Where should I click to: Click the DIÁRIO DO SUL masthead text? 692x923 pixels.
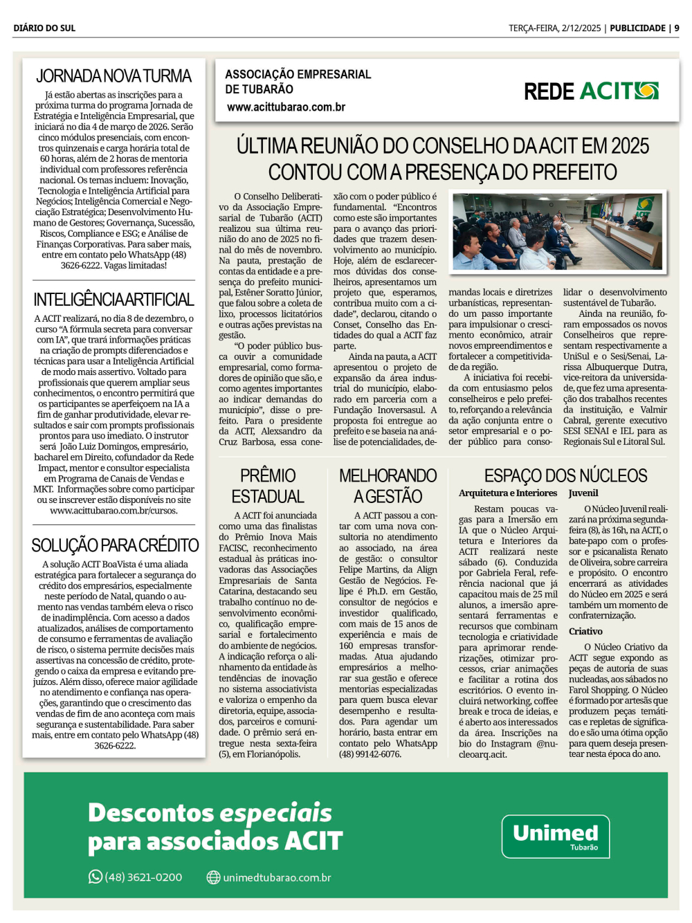[44, 28]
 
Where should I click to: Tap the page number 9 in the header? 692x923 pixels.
[676, 28]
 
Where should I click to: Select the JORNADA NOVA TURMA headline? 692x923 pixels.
[113, 76]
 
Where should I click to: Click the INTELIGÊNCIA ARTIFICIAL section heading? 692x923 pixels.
[113, 300]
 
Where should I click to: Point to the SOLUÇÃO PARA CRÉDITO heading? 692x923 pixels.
[115, 545]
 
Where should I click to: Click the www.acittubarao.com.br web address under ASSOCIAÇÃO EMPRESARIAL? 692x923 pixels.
[286, 107]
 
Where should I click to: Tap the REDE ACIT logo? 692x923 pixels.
[591, 91]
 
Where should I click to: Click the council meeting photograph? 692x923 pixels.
[558, 232]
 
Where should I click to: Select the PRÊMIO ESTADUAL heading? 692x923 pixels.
[268, 486]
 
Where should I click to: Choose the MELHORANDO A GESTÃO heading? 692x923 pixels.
[388, 486]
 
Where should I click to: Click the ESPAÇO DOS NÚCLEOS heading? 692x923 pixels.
[565, 476]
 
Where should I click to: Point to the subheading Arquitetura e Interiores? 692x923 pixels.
[507, 493]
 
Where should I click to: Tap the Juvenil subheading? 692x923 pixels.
[583, 493]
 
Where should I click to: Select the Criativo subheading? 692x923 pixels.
[585, 631]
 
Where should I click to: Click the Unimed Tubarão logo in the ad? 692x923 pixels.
[555, 836]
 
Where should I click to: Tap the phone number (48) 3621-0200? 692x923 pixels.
[143, 877]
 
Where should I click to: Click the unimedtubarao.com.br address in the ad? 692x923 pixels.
[277, 877]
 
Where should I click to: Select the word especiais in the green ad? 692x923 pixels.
[276, 813]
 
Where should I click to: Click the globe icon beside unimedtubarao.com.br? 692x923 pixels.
[214, 877]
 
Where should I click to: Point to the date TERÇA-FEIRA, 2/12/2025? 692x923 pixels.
[554, 28]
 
